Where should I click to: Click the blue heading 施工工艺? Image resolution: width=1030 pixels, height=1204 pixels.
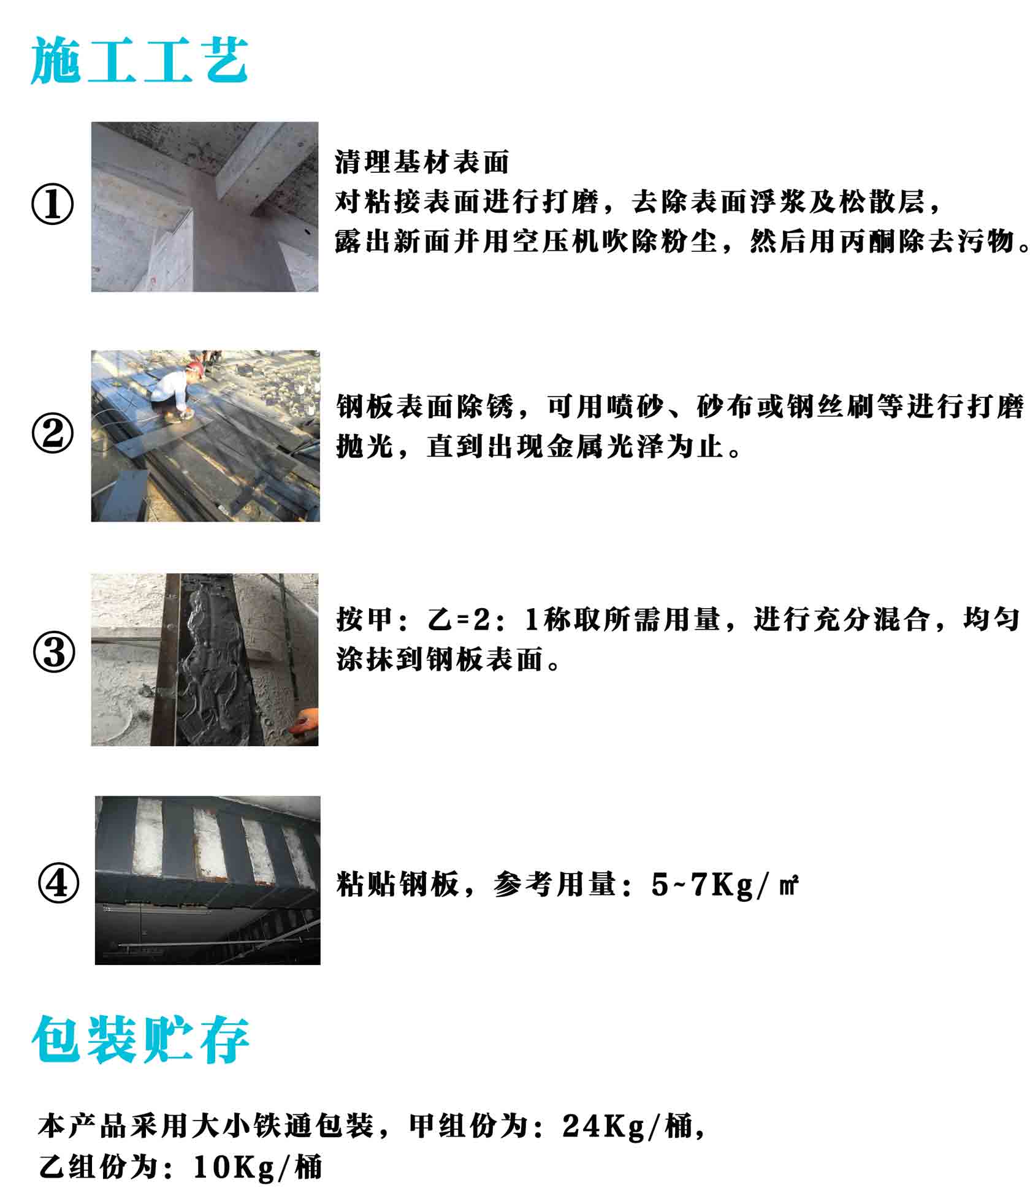coord(140,59)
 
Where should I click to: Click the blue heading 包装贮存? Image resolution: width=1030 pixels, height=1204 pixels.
coord(140,1038)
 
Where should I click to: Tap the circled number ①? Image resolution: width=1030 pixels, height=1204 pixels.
coord(53,205)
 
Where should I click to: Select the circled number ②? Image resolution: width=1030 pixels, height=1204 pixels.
coord(53,433)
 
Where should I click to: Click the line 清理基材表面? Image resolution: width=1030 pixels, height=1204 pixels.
coord(422,162)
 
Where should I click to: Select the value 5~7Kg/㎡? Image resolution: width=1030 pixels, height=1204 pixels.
coord(725,885)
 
